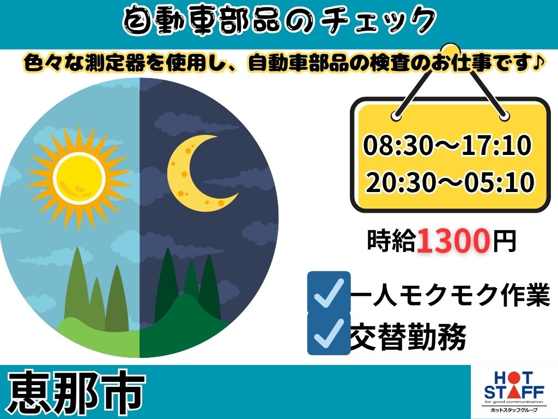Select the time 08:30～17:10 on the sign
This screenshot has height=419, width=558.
point(447,145)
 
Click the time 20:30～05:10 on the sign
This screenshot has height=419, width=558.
point(450,182)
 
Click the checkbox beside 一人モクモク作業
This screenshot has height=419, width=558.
point(329,292)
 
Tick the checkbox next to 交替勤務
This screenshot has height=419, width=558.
point(329,333)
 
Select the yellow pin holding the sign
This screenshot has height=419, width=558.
point(451,50)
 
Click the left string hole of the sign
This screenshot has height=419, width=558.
point(397,116)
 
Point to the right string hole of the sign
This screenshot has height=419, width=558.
point(504,116)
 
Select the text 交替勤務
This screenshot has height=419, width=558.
point(409,337)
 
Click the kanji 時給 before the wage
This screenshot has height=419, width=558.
point(391,241)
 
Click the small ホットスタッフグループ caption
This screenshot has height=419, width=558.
point(514,410)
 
